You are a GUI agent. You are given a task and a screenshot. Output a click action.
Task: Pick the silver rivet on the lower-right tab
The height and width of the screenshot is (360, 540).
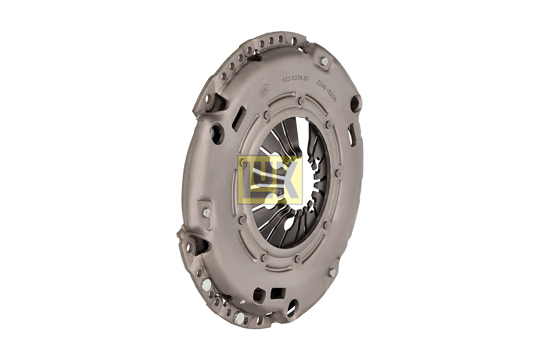click(x=332, y=272)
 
